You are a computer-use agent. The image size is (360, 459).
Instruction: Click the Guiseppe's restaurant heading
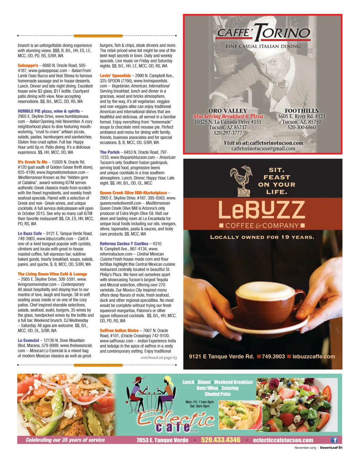(28, 65)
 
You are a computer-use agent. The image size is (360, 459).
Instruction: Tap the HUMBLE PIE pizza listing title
(49, 111)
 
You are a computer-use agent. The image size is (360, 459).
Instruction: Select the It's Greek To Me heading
(33, 162)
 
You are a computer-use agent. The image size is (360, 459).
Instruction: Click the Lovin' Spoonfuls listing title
(115, 76)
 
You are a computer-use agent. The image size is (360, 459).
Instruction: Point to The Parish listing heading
(110, 152)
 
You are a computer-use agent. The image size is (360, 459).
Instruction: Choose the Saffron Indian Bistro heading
(119, 330)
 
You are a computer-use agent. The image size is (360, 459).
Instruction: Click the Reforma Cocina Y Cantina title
(124, 244)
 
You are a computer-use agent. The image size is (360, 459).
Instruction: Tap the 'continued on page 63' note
(159, 357)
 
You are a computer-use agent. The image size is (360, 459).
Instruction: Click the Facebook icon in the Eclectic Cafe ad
(334, 440)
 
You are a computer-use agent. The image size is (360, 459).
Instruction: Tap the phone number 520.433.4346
(220, 440)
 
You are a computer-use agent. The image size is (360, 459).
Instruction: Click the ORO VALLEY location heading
(228, 111)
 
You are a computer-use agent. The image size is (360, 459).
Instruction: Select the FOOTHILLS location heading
(302, 111)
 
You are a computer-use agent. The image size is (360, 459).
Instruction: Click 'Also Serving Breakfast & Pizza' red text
(228, 116)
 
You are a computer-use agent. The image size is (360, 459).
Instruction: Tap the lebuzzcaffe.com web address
(314, 356)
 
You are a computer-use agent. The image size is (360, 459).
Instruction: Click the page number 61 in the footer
(340, 448)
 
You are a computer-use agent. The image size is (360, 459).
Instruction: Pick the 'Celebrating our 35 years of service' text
(65, 440)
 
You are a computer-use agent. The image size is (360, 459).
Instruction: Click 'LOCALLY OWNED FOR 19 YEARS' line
(262, 237)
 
